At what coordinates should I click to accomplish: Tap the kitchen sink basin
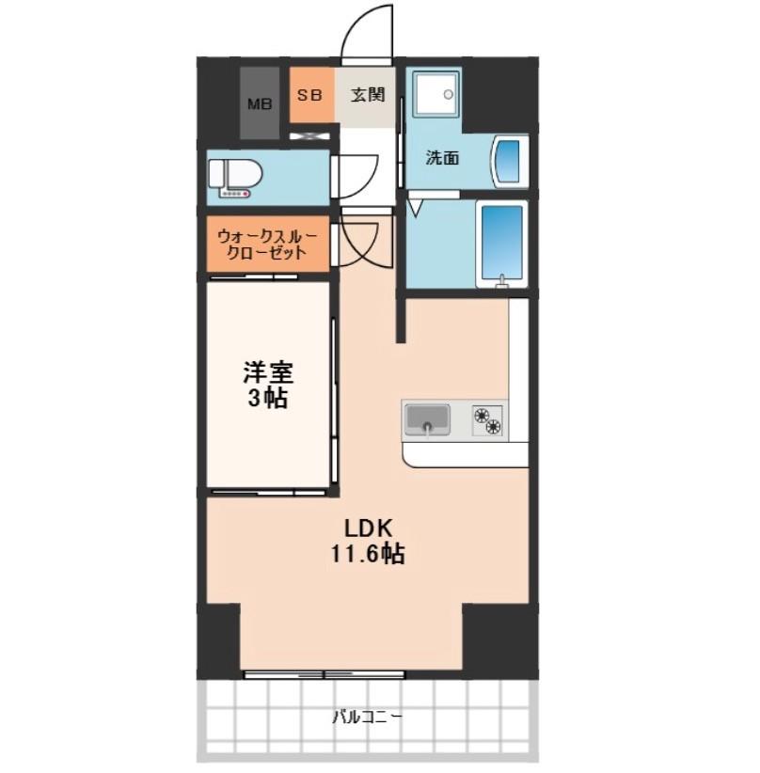pos(428,418)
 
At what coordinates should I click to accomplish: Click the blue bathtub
pos(500,243)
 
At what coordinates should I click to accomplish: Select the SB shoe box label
pos(310,95)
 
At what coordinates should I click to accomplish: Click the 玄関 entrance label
pos(367,95)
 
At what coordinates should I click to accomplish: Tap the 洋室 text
pos(268,372)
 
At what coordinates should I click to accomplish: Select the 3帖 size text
pos(268,398)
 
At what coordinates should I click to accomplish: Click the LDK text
pos(365,528)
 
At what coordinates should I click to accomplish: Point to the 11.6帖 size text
pos(366,555)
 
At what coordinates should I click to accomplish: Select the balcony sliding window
pos(325,673)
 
